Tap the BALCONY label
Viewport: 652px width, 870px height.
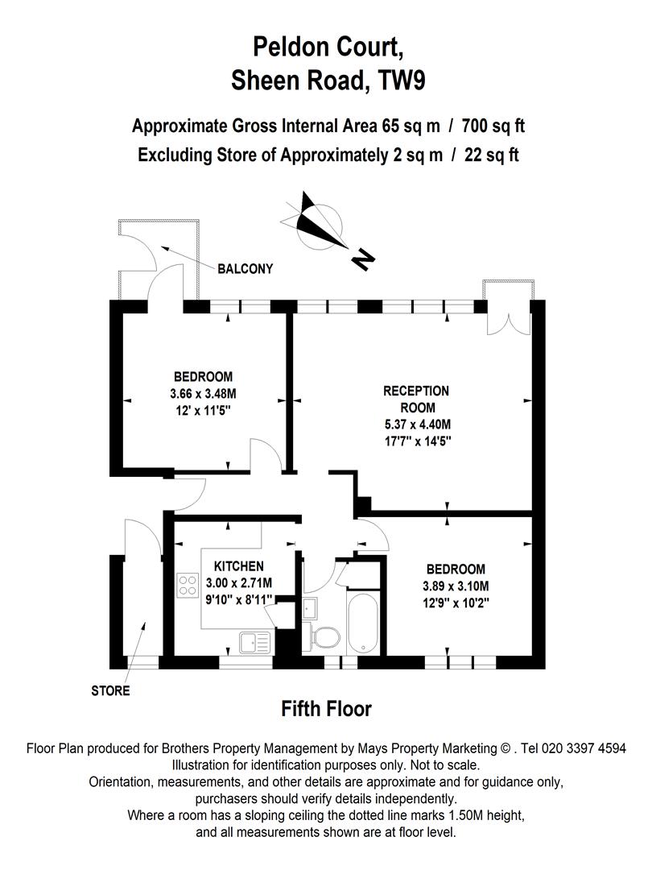[245, 269]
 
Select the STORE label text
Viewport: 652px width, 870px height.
[110, 690]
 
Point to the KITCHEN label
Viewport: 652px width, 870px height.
[238, 566]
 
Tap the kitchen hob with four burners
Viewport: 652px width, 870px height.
[188, 585]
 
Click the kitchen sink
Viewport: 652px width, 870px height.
[254, 642]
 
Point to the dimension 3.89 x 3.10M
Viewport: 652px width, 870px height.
[456, 586]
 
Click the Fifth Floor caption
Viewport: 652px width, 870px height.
[326, 709]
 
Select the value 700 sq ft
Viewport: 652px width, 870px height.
[488, 126]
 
